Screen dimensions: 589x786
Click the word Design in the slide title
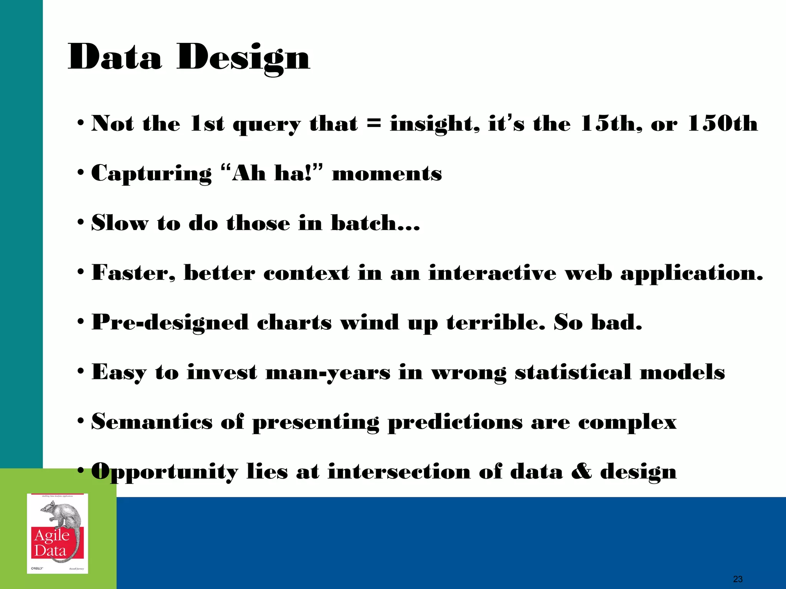tap(243, 58)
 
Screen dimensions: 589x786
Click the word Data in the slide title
tap(115, 58)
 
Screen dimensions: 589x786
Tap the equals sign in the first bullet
tap(374, 123)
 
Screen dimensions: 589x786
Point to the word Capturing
tap(151, 173)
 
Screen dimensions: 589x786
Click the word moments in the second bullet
tap(387, 173)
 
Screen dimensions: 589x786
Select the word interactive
tap(492, 273)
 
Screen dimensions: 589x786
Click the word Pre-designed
tap(170, 322)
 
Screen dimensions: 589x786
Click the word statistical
tap(573, 372)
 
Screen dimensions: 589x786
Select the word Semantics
tap(152, 422)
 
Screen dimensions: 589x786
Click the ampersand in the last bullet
tap(581, 471)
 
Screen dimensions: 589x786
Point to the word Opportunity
tap(165, 472)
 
